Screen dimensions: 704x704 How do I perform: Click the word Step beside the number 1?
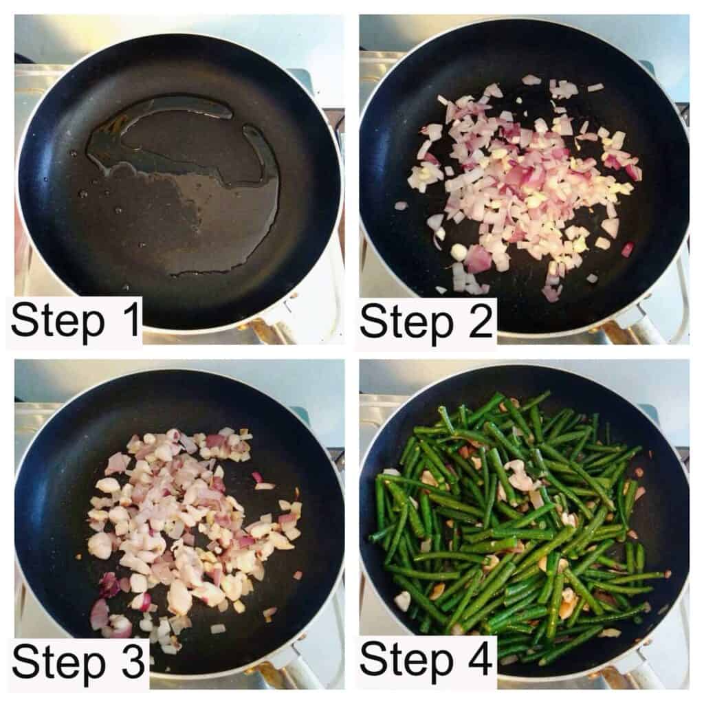[58, 322]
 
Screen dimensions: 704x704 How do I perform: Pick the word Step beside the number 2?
[406, 323]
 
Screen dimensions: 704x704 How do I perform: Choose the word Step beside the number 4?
[406, 661]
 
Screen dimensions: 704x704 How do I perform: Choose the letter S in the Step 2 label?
[373, 320]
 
